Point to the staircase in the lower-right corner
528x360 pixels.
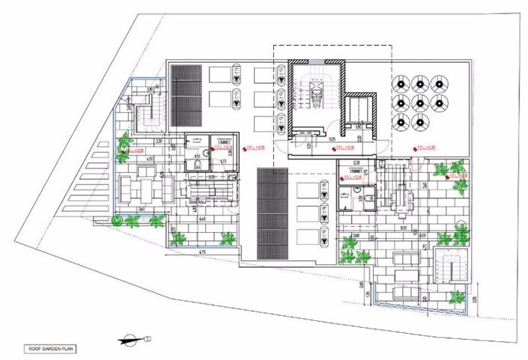tap(454, 271)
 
